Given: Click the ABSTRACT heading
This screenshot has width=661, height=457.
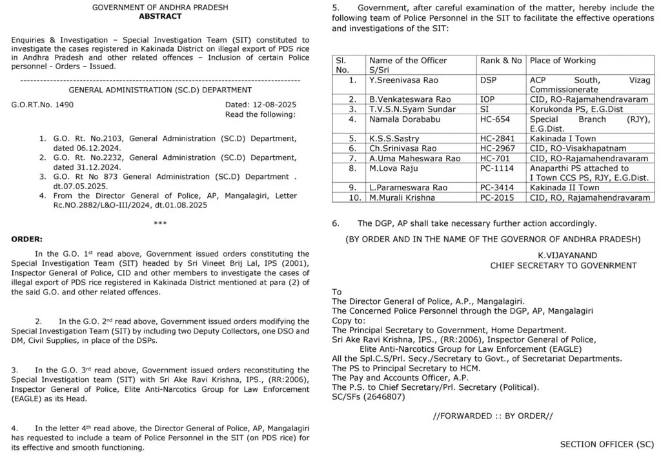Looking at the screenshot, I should pyautogui.click(x=160, y=16).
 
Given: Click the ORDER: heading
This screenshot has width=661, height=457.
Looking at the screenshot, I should pyautogui.click(x=27, y=239).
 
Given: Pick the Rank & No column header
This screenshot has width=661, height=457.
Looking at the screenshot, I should pyautogui.click(x=501, y=61).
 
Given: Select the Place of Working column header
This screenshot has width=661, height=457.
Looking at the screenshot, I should pyautogui.click(x=562, y=61).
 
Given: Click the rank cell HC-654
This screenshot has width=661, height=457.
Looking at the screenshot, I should pyautogui.click(x=494, y=119).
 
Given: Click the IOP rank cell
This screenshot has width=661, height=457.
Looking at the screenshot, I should pyautogui.click(x=488, y=99).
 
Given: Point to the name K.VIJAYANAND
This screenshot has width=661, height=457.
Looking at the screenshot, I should pyautogui.click(x=564, y=255).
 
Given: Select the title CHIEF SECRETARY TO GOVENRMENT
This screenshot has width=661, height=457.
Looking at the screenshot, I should pyautogui.click(x=563, y=265).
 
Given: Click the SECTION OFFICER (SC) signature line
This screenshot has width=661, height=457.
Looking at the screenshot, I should pyautogui.click(x=607, y=444).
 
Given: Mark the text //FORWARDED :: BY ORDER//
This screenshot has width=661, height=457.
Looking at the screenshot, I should pyautogui.click(x=493, y=416).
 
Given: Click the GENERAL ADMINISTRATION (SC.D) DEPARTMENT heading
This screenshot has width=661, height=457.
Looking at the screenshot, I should pyautogui.click(x=160, y=90).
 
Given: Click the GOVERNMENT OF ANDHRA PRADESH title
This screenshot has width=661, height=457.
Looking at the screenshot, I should pyautogui.click(x=160, y=7).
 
